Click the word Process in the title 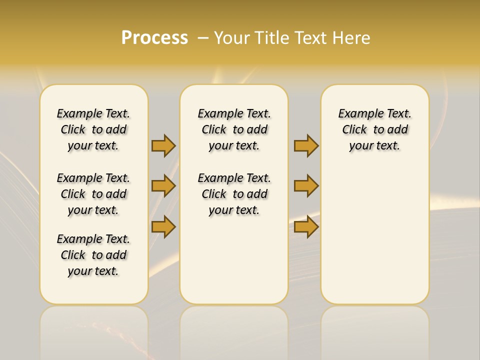click(154, 38)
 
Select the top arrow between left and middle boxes click(163, 145)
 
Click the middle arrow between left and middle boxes click(163, 186)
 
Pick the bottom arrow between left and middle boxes click(163, 226)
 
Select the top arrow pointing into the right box click(306, 145)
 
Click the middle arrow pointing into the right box click(306, 186)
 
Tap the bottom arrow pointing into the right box click(306, 226)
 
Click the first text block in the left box click(93, 129)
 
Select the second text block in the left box click(93, 194)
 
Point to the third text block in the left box click(93, 255)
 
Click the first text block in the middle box click(234, 129)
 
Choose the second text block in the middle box click(234, 194)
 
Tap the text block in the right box click(374, 129)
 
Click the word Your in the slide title click(233, 38)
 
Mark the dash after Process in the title click(203, 38)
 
